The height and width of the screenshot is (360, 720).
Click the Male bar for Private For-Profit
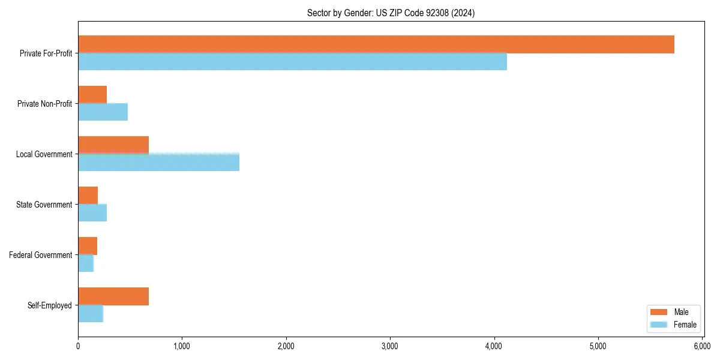click(x=376, y=44)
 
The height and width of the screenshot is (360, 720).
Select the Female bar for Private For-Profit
click(x=292, y=62)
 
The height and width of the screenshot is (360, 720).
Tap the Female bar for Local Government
click(x=158, y=163)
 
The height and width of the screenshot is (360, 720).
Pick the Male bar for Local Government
click(x=113, y=145)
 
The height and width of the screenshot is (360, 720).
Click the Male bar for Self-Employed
click(x=113, y=296)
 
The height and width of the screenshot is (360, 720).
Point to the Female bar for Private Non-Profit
click(x=103, y=112)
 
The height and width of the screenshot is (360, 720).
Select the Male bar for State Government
click(x=88, y=196)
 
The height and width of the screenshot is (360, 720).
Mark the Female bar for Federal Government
click(x=86, y=263)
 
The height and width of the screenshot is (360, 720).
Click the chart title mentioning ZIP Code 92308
click(x=391, y=13)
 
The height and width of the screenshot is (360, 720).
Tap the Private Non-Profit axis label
click(x=44, y=104)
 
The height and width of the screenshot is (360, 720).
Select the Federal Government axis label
click(x=41, y=255)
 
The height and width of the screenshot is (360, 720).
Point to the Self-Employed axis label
click(x=50, y=305)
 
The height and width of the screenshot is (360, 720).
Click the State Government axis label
click(x=44, y=205)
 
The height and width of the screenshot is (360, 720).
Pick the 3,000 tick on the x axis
click(x=390, y=346)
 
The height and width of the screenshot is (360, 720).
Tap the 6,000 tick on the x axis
click(x=702, y=346)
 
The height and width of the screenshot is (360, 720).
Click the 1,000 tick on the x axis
click(x=182, y=346)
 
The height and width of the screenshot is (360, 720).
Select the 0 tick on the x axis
click(x=78, y=346)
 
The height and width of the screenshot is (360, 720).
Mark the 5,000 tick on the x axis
click(x=598, y=346)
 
